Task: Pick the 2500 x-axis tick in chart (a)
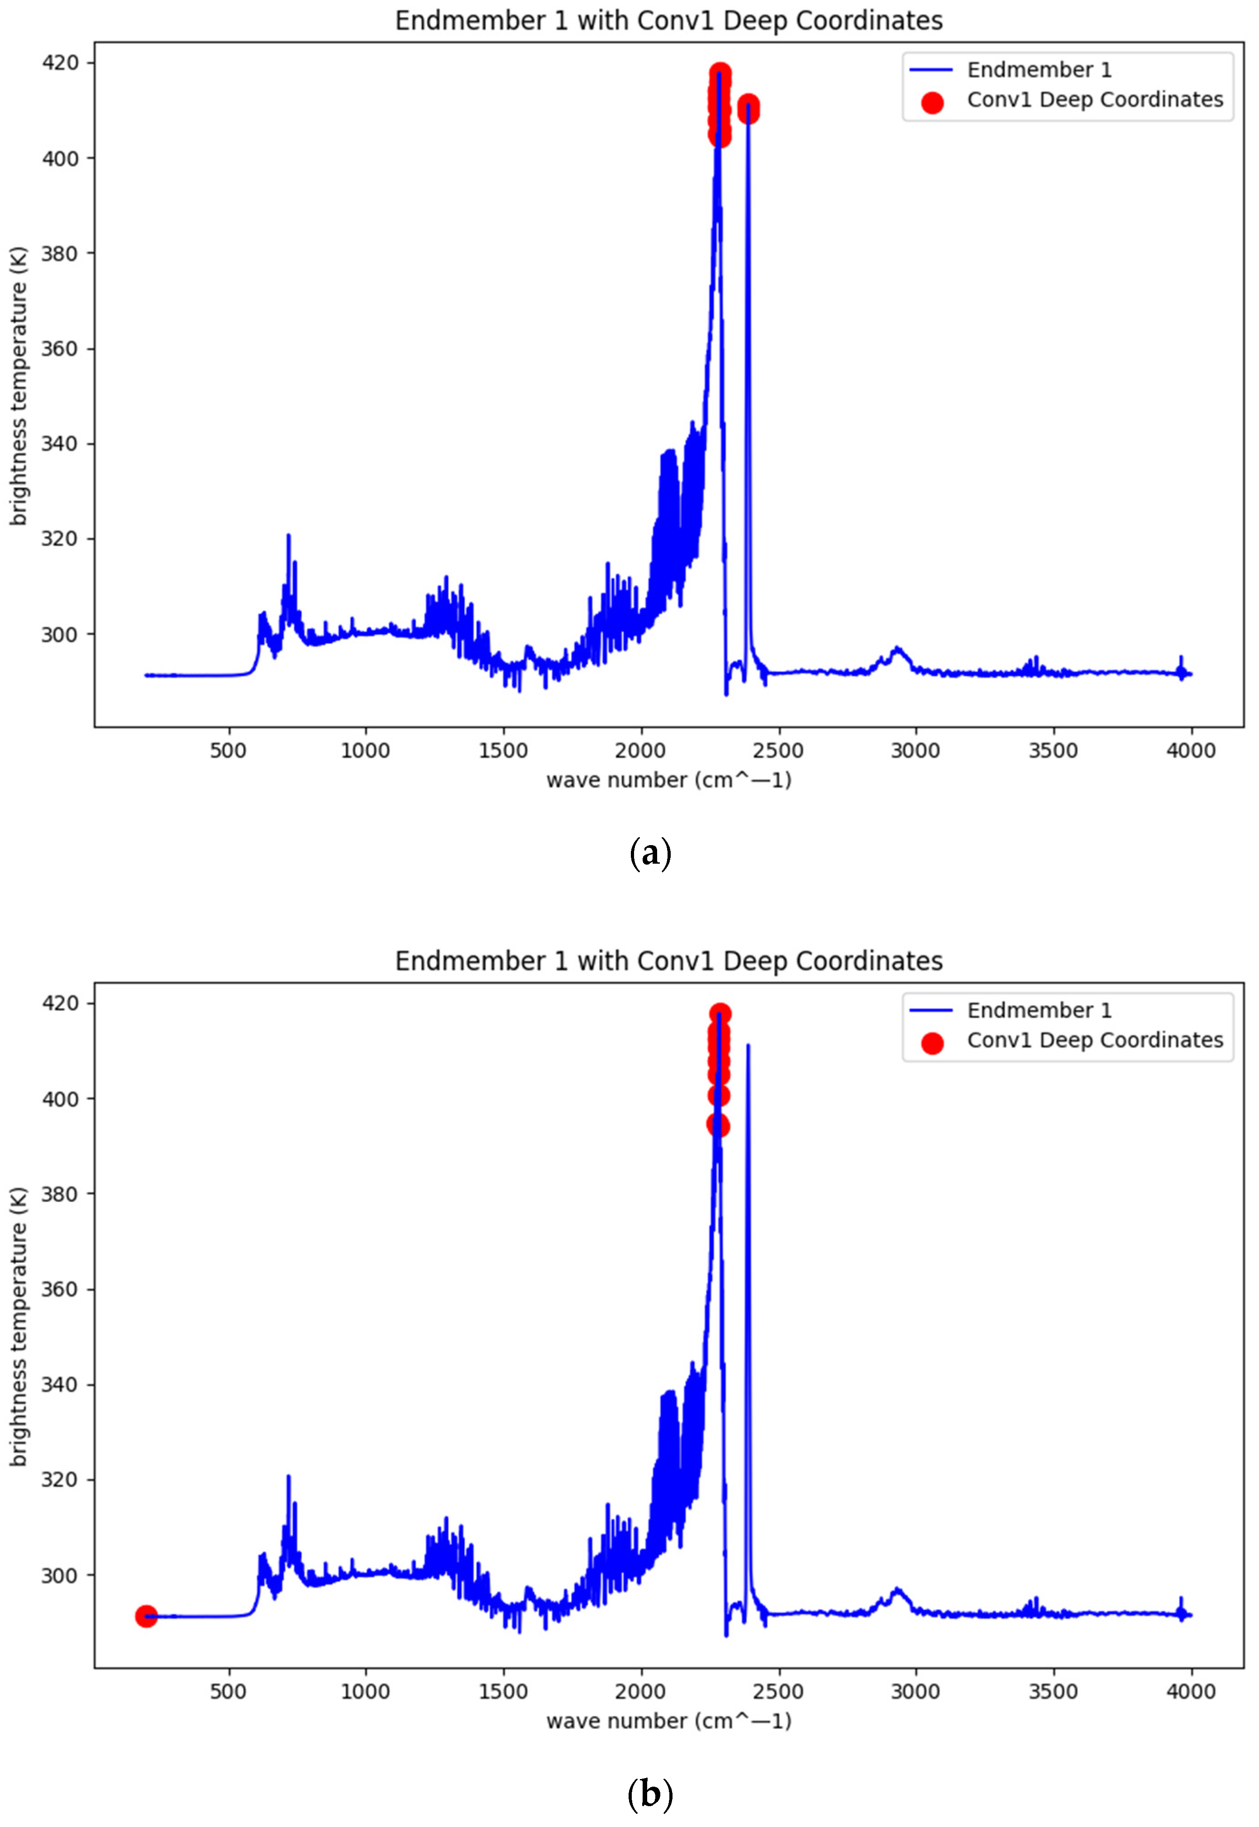tap(778, 750)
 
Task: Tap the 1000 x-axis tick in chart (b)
tap(365, 1691)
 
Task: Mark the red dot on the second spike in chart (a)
tap(748, 108)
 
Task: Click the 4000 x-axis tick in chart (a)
tap(1190, 750)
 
